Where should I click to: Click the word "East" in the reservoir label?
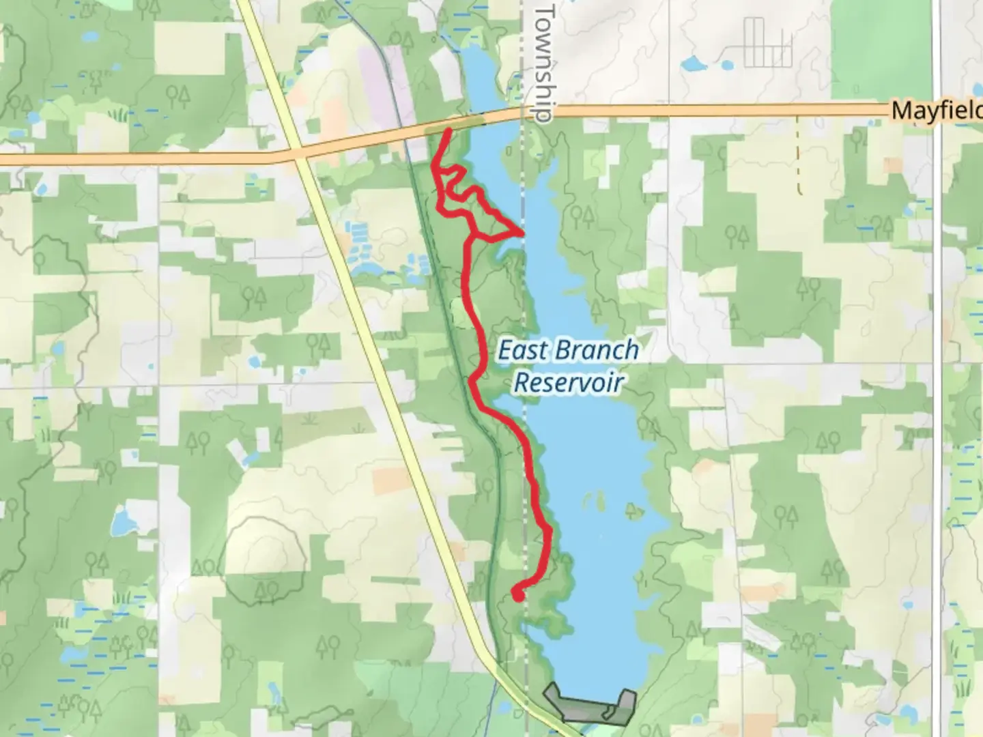(x=522, y=350)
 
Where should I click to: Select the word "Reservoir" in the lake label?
(x=569, y=382)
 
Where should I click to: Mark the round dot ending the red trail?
(x=518, y=596)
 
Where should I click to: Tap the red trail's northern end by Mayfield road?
(x=448, y=130)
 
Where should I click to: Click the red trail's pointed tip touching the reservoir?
(x=523, y=233)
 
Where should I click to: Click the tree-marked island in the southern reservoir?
(x=632, y=509)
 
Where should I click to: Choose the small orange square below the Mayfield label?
(x=892, y=164)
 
